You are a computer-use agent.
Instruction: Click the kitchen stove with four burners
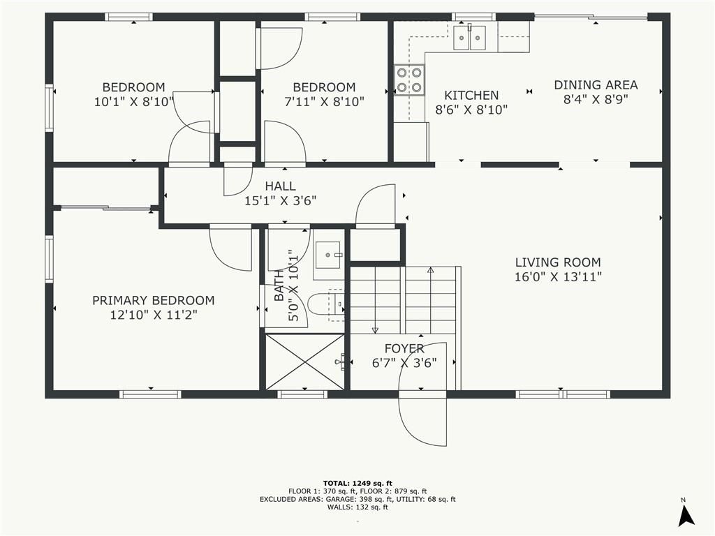(x=409, y=80)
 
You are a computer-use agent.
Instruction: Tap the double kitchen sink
(x=470, y=38)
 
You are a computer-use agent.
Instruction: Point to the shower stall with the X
(x=304, y=362)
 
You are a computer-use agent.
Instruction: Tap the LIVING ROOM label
(x=558, y=262)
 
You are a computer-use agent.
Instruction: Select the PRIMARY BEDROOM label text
(x=153, y=300)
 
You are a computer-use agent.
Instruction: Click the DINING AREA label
(x=596, y=84)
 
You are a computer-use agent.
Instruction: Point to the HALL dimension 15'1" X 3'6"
(x=281, y=200)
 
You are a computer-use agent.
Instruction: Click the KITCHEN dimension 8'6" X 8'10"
(x=471, y=110)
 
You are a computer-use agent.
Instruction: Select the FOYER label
(x=404, y=348)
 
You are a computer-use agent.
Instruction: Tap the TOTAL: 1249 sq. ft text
(x=357, y=483)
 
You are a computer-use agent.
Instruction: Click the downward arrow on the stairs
(x=375, y=300)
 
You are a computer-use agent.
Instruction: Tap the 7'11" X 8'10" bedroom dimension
(x=324, y=102)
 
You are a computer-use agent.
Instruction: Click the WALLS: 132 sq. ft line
(x=357, y=507)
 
